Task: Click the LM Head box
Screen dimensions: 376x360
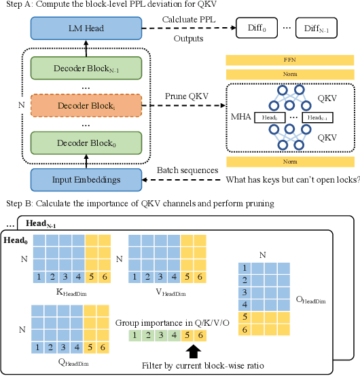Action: pyautogui.click(x=86, y=29)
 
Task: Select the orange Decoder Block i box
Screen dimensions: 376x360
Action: pyautogui.click(x=86, y=107)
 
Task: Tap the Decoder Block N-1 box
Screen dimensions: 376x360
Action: pyautogui.click(x=86, y=69)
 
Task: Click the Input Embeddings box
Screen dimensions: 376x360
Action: pyautogui.click(x=86, y=179)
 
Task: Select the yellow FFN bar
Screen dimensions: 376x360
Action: pyautogui.click(x=290, y=60)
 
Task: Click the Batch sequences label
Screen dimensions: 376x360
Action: pyautogui.click(x=188, y=170)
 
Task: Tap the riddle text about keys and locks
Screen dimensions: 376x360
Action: pyautogui.click(x=291, y=179)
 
